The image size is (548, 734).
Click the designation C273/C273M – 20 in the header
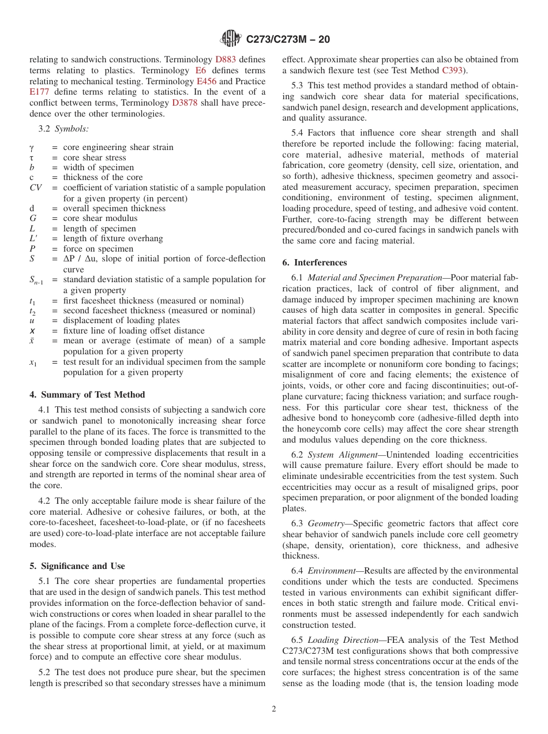[x=287, y=40]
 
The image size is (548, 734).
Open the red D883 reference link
[x=226, y=59]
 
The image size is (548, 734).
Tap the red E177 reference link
[x=40, y=92]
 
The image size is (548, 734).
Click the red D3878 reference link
[x=185, y=103]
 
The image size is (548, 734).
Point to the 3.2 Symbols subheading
[x=63, y=129]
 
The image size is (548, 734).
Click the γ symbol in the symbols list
[x=32, y=147]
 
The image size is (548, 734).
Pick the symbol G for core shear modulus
[x=32, y=219]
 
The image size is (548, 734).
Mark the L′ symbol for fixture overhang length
[x=33, y=239]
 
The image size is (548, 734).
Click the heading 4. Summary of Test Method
[x=87, y=395]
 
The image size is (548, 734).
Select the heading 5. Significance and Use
[x=77, y=566]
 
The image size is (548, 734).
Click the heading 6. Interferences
[x=314, y=263]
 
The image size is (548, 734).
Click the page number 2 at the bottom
[x=274, y=709]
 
